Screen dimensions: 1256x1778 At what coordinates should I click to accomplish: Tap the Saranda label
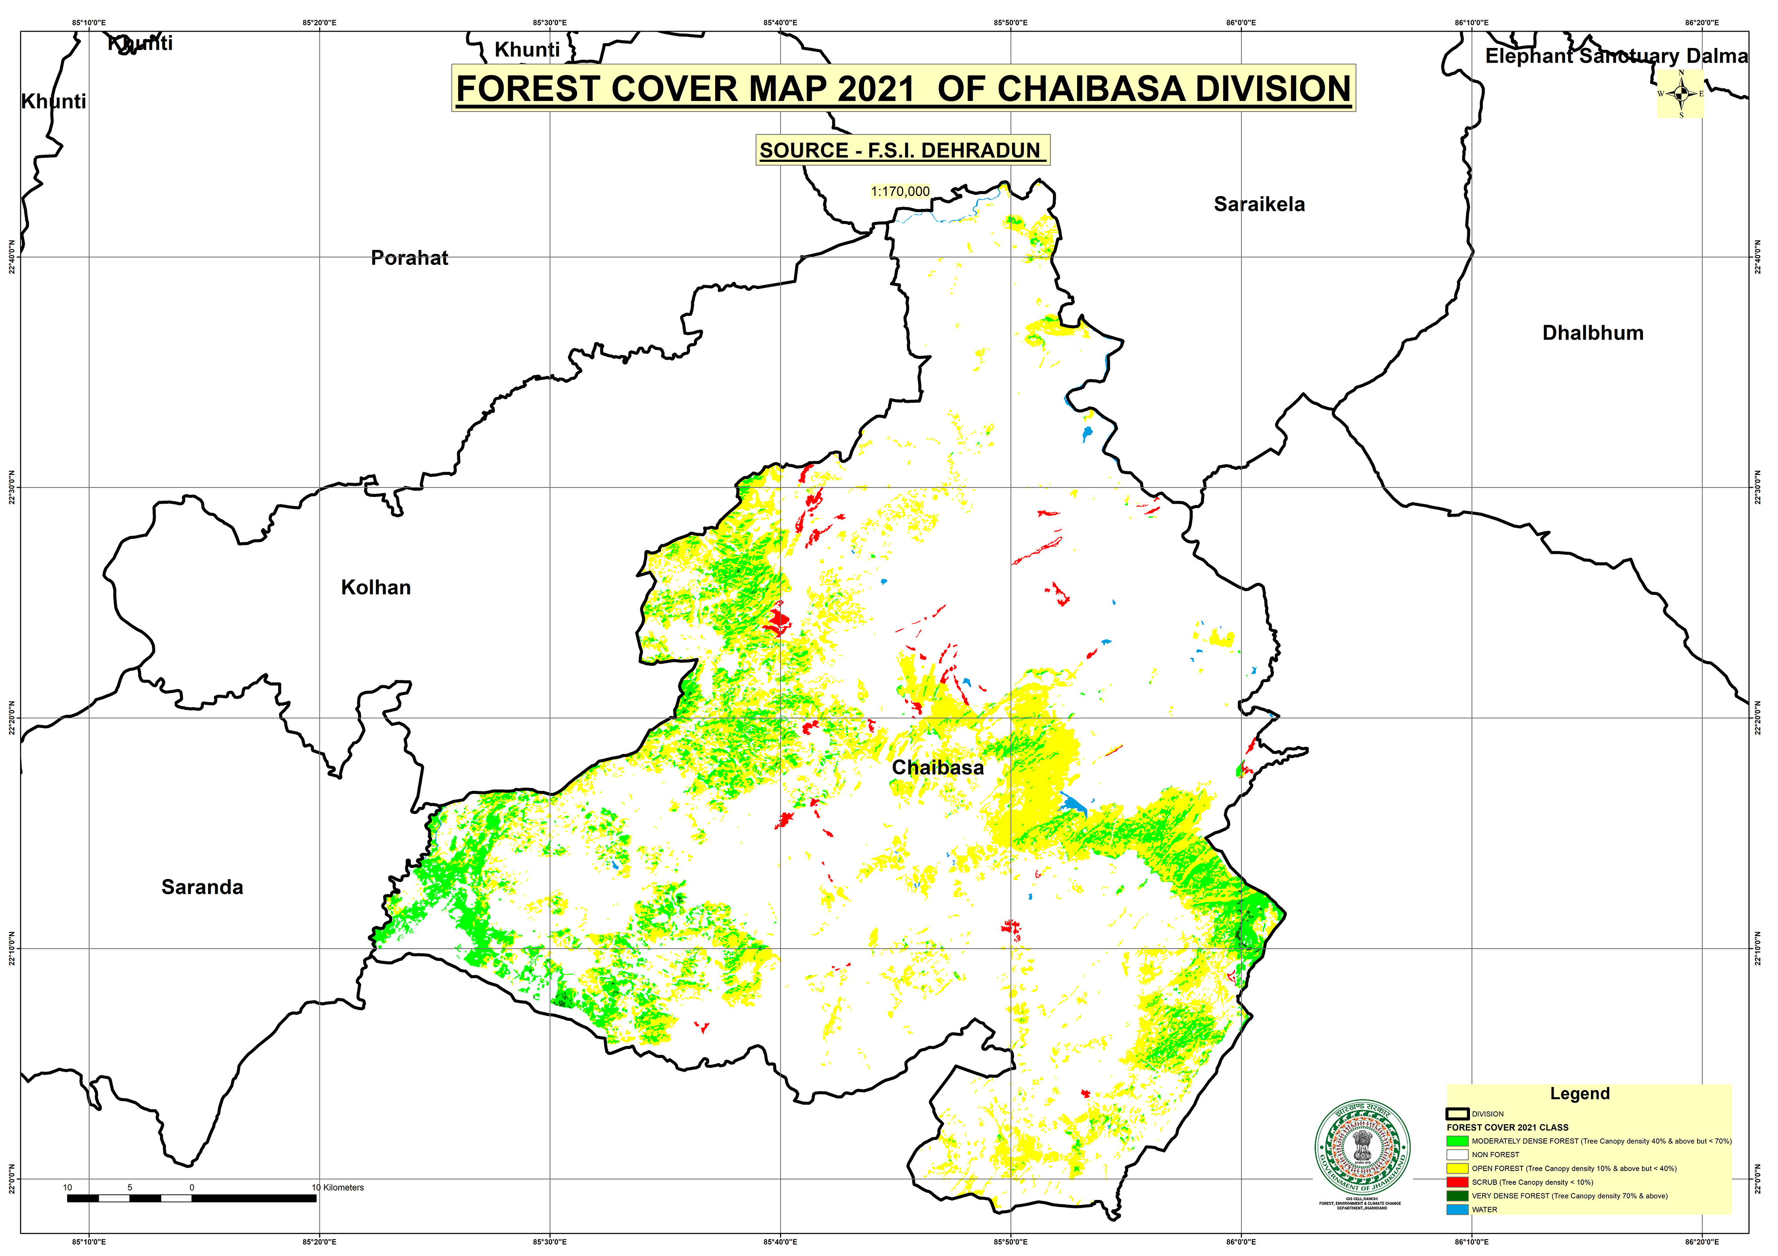202,887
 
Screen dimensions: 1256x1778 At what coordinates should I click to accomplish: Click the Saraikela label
1259,205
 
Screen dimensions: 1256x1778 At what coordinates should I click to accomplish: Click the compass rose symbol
1680,94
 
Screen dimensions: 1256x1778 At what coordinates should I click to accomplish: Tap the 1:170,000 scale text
900,191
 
